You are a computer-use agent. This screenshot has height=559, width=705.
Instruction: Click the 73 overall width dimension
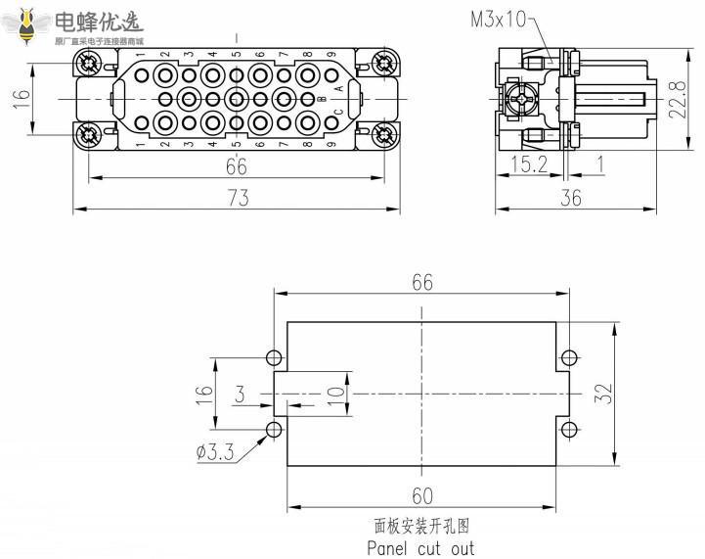coord(238,198)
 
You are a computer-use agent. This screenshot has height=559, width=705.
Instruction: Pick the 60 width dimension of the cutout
coord(421,496)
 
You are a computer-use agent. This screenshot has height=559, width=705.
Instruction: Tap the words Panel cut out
coord(420,547)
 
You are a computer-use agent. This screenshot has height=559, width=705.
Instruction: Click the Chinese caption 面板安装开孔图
coord(420,527)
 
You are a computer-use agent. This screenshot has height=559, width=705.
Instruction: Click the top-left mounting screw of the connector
coord(90,65)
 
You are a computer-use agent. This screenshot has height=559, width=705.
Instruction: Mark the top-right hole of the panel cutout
coord(569,356)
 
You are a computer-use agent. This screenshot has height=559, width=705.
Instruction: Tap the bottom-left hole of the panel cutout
coord(275,428)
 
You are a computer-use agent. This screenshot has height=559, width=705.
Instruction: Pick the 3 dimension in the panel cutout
coord(240,395)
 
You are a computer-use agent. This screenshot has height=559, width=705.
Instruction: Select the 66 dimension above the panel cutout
coord(421,282)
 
